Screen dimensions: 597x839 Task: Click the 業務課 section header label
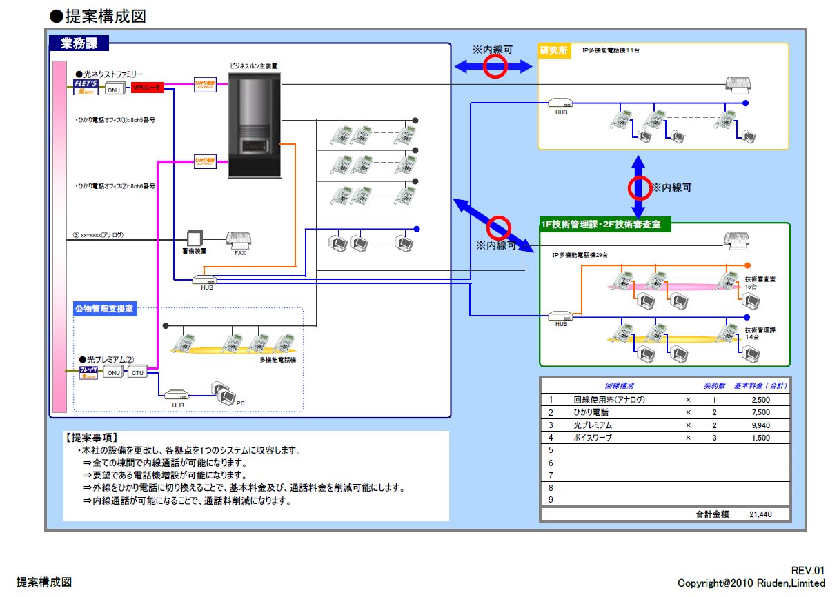coord(79,43)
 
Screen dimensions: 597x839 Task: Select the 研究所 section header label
coord(553,50)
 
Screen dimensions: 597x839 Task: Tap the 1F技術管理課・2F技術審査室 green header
coord(605,224)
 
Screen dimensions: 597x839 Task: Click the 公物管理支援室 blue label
coord(104,310)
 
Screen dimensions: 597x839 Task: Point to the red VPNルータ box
coord(147,88)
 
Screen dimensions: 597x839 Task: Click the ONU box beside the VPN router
coord(113,89)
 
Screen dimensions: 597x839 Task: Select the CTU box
coord(137,372)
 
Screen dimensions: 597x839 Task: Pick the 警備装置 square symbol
coord(195,239)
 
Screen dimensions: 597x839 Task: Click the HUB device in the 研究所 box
coord(561,103)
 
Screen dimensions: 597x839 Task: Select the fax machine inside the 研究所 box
coord(740,83)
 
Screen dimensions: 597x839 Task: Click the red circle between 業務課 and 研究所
coord(494,66)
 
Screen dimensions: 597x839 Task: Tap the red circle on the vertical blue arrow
coord(639,188)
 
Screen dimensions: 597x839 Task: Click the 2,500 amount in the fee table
coord(759,400)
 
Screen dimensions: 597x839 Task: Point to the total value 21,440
coord(760,514)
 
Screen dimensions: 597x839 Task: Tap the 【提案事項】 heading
coord(92,438)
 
